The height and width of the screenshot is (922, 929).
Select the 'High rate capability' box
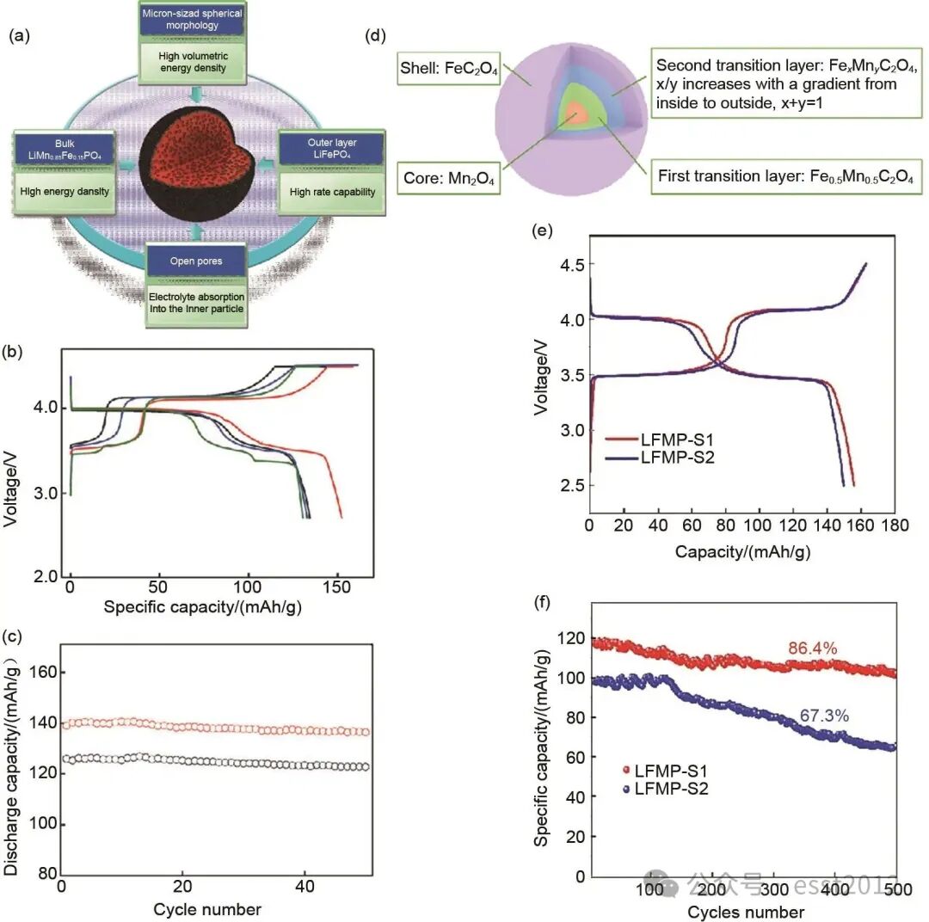[333, 192]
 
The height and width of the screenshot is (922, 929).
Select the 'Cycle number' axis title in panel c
[207, 909]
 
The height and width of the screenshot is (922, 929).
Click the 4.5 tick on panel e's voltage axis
[563, 265]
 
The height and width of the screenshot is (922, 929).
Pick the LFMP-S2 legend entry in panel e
[677, 458]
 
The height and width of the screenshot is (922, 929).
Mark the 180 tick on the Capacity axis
[895, 525]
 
